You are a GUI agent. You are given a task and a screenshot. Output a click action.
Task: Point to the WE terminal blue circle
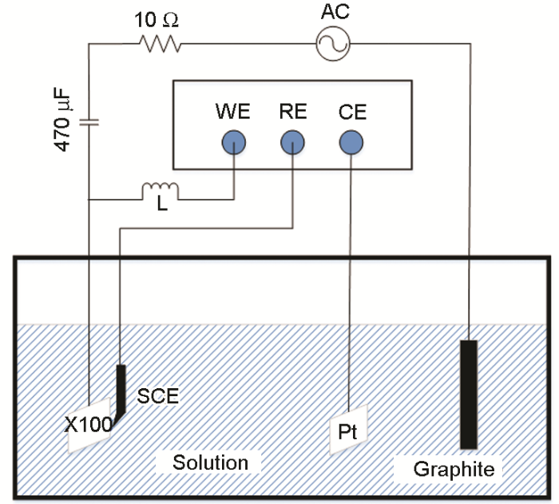pyautogui.click(x=233, y=143)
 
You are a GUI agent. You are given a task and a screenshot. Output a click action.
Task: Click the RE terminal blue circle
pyautogui.click(x=293, y=143)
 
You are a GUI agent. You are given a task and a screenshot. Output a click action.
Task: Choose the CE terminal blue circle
pyautogui.click(x=351, y=143)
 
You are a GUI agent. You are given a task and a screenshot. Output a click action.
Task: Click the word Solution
pyautogui.click(x=211, y=462)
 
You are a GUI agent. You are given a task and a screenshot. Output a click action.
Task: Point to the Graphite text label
pyautogui.click(x=454, y=470)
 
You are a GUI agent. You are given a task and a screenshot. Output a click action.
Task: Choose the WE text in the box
pyautogui.click(x=232, y=112)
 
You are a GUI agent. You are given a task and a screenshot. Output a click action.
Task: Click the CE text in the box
pyautogui.click(x=352, y=112)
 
